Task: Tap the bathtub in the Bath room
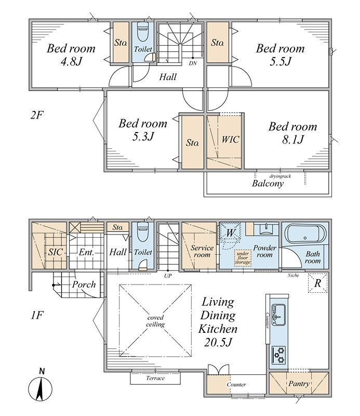pos(305,233)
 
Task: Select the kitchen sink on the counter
pos(278,315)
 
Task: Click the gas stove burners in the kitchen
pos(278,355)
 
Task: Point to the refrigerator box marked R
pos(317,283)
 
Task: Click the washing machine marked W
pos(230,232)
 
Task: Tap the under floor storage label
pos(243,258)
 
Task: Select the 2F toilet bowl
pos(143,32)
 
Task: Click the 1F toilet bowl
pos(143,232)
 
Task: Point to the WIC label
pos(230,139)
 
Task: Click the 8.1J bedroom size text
pos(292,139)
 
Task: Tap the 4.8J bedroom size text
pos(71,61)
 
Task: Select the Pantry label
pos(299,384)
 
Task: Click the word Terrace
pos(155,378)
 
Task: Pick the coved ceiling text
pos(155,321)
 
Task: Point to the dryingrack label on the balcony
pos(280,176)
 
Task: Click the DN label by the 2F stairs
pos(193,63)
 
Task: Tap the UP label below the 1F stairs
pos(168,276)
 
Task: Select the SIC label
pos(55,252)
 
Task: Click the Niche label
pos(293,276)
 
